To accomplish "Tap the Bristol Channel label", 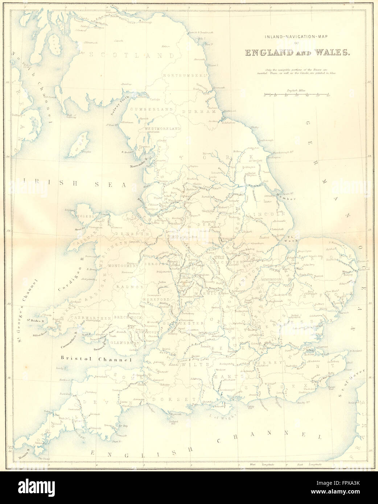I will click(96, 359).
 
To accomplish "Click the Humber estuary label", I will click(289, 196).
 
